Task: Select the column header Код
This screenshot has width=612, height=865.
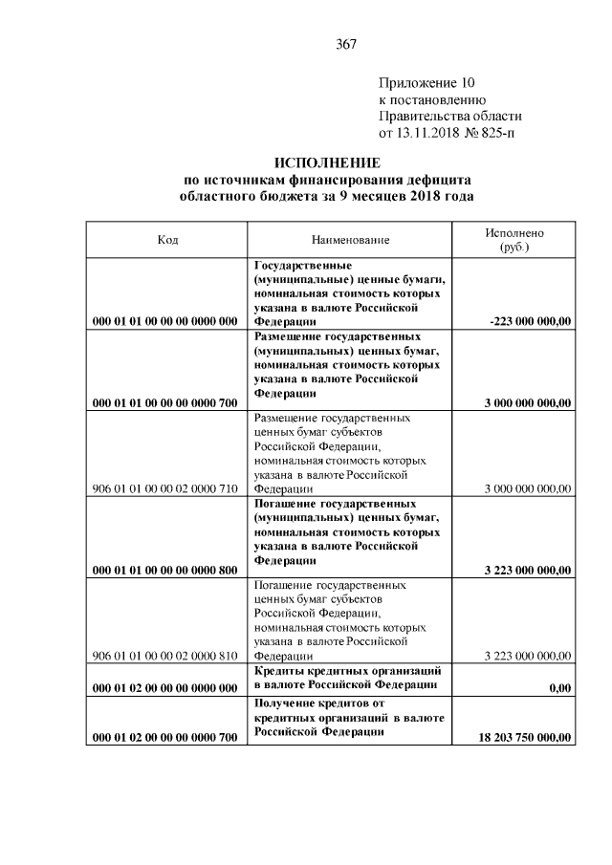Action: pos(167,240)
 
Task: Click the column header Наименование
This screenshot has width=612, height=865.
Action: pos(350,240)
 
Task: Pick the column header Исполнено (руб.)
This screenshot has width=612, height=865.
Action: pos(514,240)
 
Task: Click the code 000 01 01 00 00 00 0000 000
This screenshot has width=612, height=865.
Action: pos(164,321)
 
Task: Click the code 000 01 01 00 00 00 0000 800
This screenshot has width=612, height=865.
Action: pos(164,572)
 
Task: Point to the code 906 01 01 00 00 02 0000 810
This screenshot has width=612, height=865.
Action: pos(164,656)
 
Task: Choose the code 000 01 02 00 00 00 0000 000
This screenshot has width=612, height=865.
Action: pos(164,687)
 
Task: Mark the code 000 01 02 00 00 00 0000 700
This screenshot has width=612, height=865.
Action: pos(164,737)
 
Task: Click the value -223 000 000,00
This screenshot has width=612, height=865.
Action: pos(530,321)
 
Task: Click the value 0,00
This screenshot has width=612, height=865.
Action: pos(560,687)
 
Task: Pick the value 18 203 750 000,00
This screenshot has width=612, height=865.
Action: pos(524,737)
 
